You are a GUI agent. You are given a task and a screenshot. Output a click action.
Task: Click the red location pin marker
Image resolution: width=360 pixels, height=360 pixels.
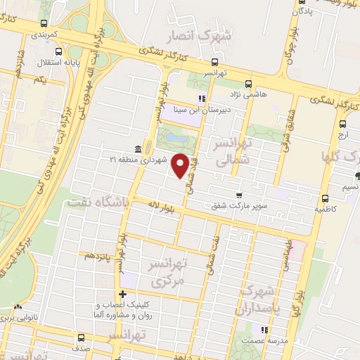coord(181,165)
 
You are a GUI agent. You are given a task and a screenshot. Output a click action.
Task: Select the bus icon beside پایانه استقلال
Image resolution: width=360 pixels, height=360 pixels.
coord(57,50)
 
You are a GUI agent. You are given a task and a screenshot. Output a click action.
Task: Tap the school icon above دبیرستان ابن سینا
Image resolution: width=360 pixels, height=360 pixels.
coord(201,98)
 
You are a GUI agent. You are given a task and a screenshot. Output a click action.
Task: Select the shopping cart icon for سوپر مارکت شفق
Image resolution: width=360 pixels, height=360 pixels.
coord(240,195)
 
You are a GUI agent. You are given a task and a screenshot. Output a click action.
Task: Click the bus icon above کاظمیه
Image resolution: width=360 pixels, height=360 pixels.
coord(324,198)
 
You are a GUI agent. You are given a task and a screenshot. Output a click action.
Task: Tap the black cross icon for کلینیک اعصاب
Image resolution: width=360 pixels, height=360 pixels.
coord(123,295)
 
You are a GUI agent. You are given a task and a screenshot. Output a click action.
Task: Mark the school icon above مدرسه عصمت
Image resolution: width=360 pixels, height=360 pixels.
coord(264,330)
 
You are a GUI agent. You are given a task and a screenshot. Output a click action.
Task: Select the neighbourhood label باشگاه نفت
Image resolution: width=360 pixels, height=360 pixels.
coord(97,202)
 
